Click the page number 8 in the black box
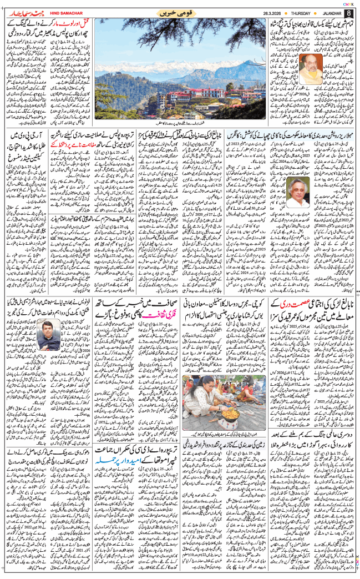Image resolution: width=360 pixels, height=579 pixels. click(348, 13)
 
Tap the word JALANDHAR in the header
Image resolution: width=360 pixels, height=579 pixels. click(325, 13)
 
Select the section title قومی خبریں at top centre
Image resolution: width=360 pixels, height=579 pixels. click(180, 13)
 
